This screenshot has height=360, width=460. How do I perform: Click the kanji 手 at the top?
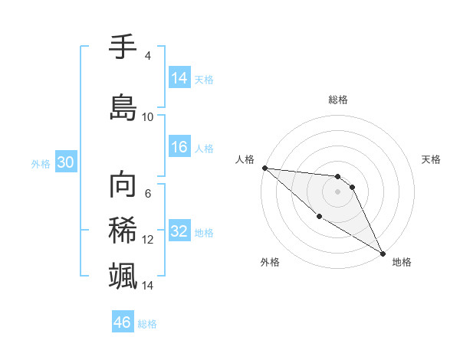123,48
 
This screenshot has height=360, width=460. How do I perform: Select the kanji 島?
123,106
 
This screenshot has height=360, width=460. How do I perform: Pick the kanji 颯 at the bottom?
123,274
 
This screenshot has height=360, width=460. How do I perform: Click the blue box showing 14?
179,78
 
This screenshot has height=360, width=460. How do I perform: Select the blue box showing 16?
179,148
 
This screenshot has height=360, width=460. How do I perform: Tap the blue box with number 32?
179,232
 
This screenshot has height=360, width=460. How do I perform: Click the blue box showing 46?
123,322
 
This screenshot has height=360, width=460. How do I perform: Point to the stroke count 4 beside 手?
147,56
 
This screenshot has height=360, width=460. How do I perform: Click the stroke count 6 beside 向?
147,194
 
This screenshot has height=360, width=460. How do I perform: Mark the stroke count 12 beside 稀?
148,240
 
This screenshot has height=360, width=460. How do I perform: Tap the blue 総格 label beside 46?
147,324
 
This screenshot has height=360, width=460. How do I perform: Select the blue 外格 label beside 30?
40,164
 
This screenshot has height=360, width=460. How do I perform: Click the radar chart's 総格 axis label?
338,100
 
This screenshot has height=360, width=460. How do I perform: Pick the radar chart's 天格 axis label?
432,159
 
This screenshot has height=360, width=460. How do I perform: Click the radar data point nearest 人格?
264,167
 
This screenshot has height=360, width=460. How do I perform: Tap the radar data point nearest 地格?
383,253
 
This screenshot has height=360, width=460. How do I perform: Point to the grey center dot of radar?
337,191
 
